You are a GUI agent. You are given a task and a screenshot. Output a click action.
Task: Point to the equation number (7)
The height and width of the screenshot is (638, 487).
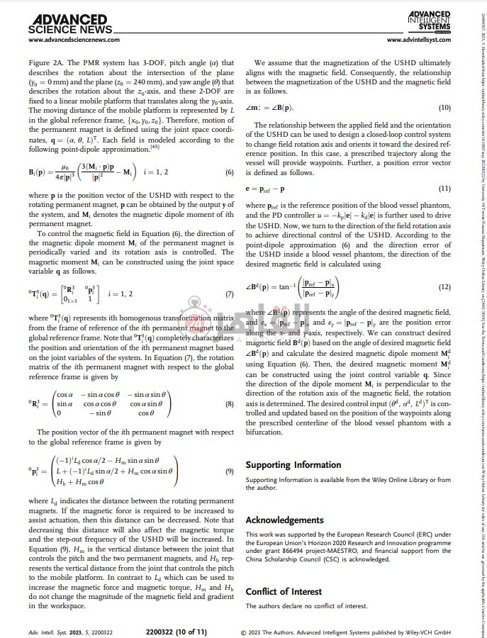pyautogui.click(x=229, y=294)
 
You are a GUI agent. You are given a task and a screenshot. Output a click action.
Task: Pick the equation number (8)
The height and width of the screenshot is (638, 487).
pyautogui.click(x=229, y=403)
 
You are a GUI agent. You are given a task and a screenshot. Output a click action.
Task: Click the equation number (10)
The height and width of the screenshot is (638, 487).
pyautogui.click(x=444, y=107)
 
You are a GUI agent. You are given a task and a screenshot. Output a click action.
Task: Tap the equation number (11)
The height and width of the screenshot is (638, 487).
pyautogui.click(x=444, y=190)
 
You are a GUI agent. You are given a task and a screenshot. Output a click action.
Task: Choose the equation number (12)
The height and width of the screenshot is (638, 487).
pyautogui.click(x=444, y=286)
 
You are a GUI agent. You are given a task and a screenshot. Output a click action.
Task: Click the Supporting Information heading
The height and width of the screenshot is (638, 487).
pyautogui.click(x=293, y=466)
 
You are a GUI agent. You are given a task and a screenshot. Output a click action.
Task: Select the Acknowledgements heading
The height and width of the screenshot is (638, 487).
pyautogui.click(x=285, y=520)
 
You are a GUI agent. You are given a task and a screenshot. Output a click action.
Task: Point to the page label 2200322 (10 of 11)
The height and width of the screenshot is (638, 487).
pyautogui.click(x=177, y=632)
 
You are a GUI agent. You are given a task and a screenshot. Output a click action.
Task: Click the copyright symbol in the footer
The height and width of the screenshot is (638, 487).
pyautogui.click(x=245, y=632)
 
